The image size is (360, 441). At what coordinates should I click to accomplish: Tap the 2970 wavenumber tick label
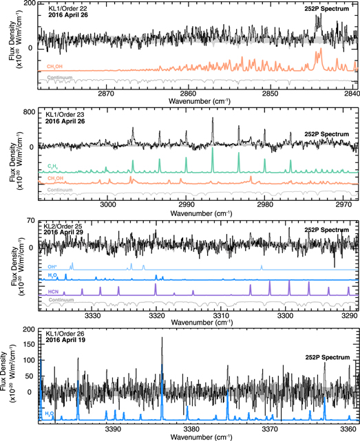[343, 204]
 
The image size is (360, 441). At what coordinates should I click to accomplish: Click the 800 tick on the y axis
[29, 111]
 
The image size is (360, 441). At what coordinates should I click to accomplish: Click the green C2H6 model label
[54, 166]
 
